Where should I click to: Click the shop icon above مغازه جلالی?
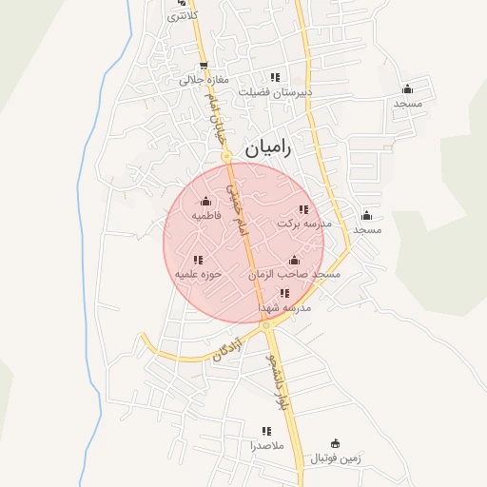point(203,66)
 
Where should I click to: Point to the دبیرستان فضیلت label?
point(276,92)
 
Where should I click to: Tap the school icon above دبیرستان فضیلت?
point(275,77)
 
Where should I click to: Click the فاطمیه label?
point(206,216)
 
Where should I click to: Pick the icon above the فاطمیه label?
point(206,201)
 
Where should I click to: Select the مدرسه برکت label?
point(304,224)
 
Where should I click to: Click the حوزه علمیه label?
point(198,274)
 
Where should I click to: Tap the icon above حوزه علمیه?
point(198,259)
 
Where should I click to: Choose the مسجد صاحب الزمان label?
point(295,274)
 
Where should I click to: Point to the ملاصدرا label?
point(265,445)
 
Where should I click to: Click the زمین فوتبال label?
point(335,458)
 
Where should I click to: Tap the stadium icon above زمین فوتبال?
point(335,443)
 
